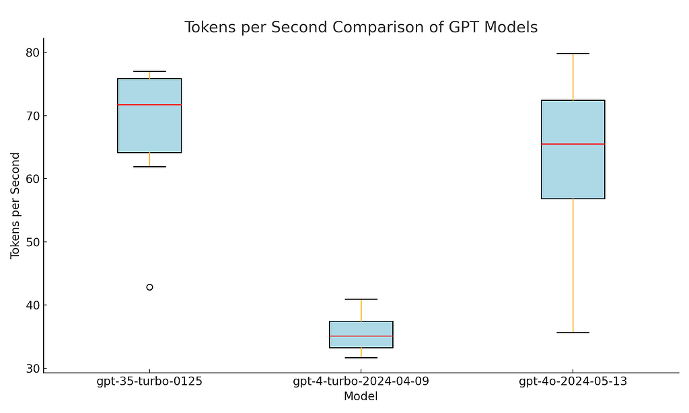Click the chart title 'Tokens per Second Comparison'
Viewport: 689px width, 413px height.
(361, 28)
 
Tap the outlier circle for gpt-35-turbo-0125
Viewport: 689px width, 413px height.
(149, 287)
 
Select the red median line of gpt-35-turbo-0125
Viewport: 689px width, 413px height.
(149, 105)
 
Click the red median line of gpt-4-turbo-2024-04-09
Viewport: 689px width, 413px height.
(361, 336)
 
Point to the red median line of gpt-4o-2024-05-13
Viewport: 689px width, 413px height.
(573, 144)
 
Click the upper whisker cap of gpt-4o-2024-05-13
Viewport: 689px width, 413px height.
(573, 53)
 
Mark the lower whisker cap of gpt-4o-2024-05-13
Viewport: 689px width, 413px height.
(573, 332)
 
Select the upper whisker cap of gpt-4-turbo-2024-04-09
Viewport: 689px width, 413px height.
(361, 299)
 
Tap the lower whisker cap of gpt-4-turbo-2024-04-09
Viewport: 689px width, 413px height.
(361, 358)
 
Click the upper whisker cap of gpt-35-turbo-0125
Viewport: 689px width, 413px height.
(149, 71)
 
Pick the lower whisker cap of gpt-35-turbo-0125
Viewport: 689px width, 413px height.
(149, 166)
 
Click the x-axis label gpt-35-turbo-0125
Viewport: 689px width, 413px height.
(149, 382)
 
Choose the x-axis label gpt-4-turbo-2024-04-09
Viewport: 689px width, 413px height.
(361, 382)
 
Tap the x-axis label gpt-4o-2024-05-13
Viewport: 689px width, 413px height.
(573, 382)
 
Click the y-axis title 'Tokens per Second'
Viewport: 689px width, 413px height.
(15, 205)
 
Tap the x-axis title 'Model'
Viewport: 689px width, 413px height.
(361, 397)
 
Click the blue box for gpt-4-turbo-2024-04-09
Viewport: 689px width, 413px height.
(361, 328)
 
